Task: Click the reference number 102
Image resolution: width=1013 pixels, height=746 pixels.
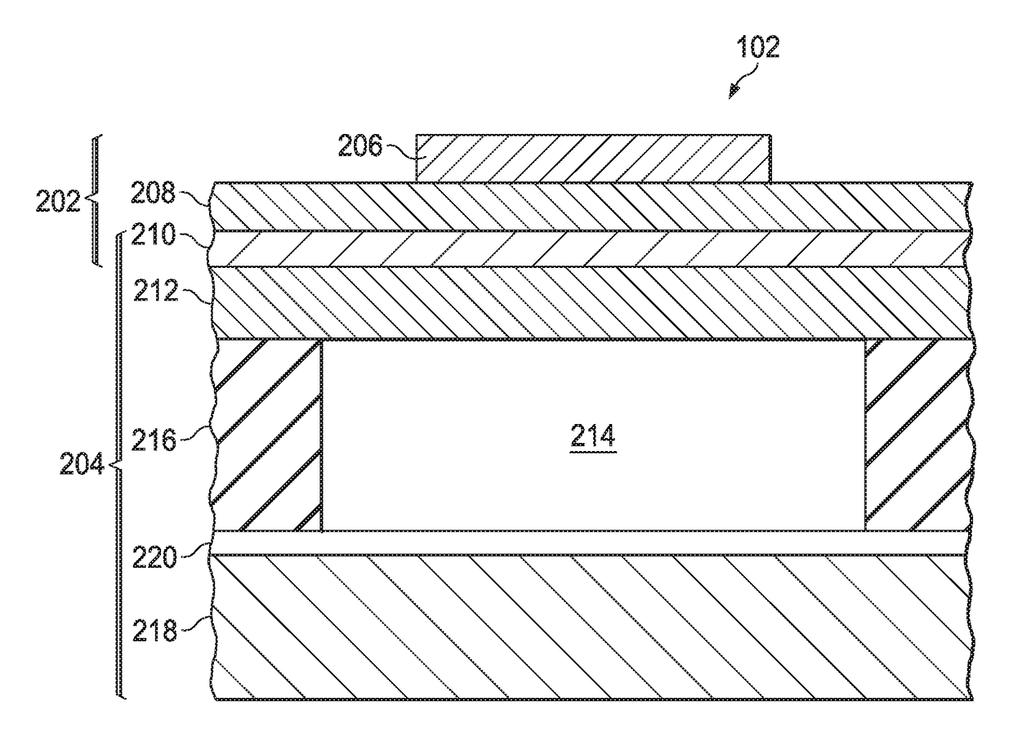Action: [x=758, y=48]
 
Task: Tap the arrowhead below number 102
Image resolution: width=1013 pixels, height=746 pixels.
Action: [x=734, y=92]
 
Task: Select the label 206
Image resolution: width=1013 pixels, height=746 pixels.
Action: [x=359, y=148]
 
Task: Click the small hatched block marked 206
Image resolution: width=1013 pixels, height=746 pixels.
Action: [x=593, y=158]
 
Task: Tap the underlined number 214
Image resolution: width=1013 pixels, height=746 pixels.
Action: [x=593, y=438]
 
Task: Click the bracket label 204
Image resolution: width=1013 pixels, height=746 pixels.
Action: [x=82, y=466]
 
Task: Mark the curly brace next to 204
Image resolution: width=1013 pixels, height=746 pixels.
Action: [x=118, y=466]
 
